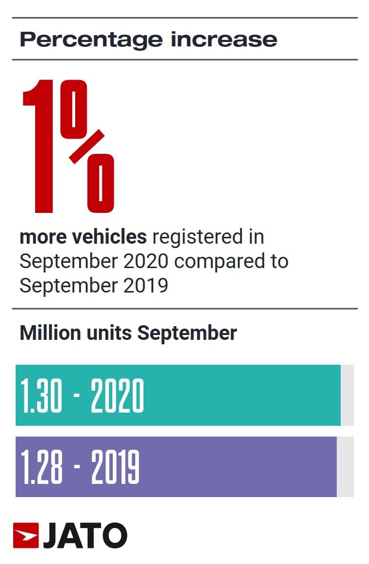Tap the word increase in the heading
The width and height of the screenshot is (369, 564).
tap(224, 39)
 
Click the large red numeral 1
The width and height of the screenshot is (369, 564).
tap(42, 146)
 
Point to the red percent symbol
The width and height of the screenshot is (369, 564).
tap(88, 146)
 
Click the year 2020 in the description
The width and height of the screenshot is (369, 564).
tap(146, 261)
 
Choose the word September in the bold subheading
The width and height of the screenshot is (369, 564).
tap(187, 333)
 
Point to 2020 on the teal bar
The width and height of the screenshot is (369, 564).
tap(117, 396)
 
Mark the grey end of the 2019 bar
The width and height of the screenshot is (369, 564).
tap(345, 467)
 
